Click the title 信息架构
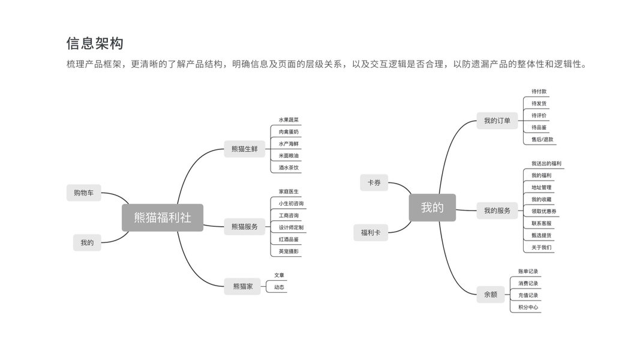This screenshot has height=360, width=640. click(95, 43)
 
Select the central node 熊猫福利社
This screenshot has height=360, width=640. click(163, 218)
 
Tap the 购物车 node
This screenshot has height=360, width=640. click(84, 193)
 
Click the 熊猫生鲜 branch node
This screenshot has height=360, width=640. click(244, 149)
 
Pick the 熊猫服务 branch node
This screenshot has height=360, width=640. click(244, 227)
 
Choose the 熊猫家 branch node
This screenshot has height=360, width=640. click(242, 286)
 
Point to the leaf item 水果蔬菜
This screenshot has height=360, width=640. click(289, 120)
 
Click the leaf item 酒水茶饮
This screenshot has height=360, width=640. click(289, 167)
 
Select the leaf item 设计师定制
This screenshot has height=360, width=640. click(291, 227)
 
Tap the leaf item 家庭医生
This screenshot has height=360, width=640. click(289, 191)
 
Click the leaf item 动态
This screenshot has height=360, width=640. click(280, 287)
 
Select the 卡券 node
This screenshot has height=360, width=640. click(374, 182)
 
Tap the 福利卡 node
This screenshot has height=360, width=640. click(371, 232)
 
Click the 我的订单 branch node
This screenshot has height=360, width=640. click(497, 121)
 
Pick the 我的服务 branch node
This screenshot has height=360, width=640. click(497, 211)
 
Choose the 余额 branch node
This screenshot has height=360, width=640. click(491, 295)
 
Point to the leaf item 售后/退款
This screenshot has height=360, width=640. click(542, 139)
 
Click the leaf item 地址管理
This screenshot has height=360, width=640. click(541, 187)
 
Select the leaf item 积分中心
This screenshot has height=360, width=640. click(528, 307)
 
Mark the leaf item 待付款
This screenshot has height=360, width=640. click(539, 92)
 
